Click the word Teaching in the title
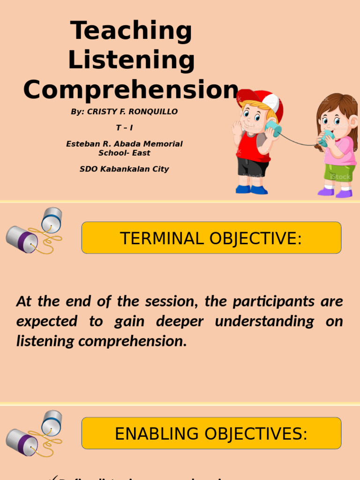(131, 31)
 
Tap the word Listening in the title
(131, 60)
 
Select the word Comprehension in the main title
(131, 90)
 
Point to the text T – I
(124, 128)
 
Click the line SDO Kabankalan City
(124, 169)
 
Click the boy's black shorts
(252, 166)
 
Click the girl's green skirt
(339, 172)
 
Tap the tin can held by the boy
(273, 128)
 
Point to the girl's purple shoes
(335, 192)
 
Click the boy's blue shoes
(251, 189)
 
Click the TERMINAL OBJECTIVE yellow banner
(211, 238)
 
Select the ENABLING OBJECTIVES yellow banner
(211, 434)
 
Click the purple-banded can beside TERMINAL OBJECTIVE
(22, 239)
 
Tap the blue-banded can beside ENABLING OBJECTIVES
(51, 422)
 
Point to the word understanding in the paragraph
(264, 322)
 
